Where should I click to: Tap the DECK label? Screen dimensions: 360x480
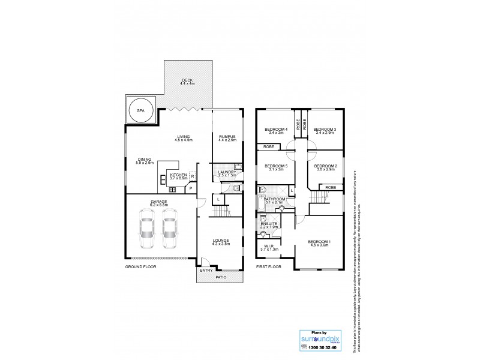pos(188,82)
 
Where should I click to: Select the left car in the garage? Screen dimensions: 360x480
pos(146,230)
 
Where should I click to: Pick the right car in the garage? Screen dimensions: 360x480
pos(170,230)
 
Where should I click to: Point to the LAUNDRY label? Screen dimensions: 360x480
pos(227,173)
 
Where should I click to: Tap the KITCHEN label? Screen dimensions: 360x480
pos(178,175)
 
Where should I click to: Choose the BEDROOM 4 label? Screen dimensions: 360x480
pos(277,130)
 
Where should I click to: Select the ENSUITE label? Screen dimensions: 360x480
pos(268,224)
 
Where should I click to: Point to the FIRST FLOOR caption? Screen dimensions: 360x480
pos(269,266)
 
